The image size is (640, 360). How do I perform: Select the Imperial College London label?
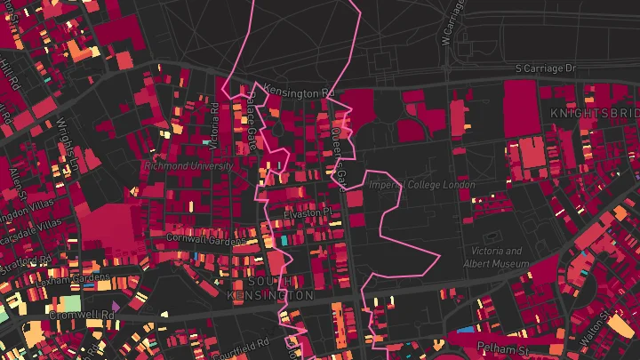(x=422, y=185)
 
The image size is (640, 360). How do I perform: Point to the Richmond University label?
(x=188, y=165)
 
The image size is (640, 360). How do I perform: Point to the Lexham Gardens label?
(x=67, y=278)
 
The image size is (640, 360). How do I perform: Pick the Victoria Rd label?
(x=214, y=125)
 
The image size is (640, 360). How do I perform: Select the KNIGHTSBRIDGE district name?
(x=594, y=114)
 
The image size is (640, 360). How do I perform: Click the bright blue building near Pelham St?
(x=464, y=331)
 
